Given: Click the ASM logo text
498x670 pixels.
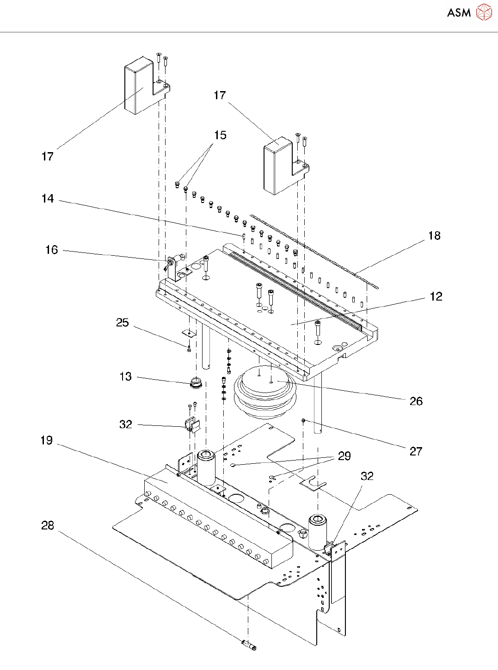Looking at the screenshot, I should (x=459, y=13).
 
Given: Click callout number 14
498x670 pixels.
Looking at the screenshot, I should (x=48, y=199).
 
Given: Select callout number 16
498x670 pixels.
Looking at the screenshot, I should (x=51, y=250).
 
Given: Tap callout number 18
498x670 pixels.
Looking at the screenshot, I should (x=434, y=236).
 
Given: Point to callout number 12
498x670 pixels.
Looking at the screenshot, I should (x=436, y=296).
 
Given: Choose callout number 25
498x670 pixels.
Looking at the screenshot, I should (x=122, y=323).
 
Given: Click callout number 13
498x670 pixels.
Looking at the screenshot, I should (x=125, y=377).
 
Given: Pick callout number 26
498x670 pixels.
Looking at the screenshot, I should (x=416, y=401).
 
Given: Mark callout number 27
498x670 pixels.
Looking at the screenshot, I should (x=416, y=452).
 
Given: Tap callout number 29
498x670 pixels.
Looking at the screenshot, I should (x=344, y=456).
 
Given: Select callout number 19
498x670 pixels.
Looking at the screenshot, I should (x=47, y=441).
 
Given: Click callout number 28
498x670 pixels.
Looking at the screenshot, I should (x=48, y=526).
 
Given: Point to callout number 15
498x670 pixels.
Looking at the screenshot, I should (x=220, y=135).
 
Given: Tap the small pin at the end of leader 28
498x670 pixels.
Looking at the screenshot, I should (x=249, y=645).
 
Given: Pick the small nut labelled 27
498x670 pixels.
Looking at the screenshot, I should (x=303, y=420).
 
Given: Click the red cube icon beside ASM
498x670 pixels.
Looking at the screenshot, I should (x=484, y=12).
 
